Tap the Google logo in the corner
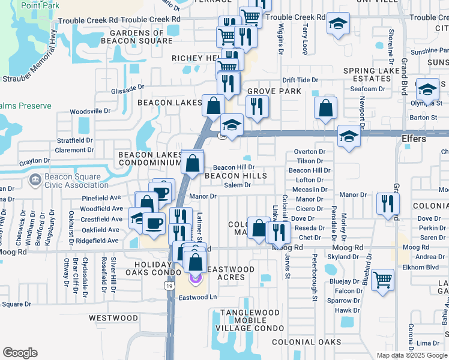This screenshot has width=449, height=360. coord(20,353)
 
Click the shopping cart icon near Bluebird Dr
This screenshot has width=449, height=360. coord(382,279)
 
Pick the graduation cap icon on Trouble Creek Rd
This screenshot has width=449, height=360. coord(338,24)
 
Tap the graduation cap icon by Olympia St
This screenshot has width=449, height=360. coord(427,89)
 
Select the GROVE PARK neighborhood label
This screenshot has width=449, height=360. coord(274,91)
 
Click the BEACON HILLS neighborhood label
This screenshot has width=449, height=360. coord(235,176)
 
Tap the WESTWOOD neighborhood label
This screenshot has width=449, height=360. coord(113,317)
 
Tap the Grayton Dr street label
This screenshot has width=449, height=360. coord(34,161)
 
